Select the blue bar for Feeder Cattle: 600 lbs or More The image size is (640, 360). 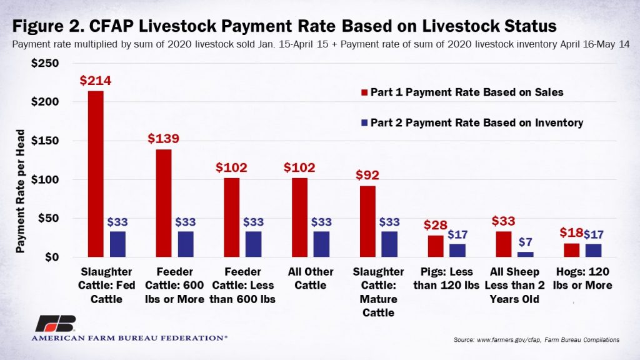(186, 244)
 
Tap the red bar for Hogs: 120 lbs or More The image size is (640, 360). (571, 250)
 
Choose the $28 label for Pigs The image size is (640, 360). (435, 224)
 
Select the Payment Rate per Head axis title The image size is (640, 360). (20, 191)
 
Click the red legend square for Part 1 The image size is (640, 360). (364, 92)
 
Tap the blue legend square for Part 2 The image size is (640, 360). (364, 123)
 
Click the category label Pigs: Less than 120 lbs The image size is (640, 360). (447, 279)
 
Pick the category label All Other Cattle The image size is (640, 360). (311, 279)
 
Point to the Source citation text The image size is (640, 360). (537, 340)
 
